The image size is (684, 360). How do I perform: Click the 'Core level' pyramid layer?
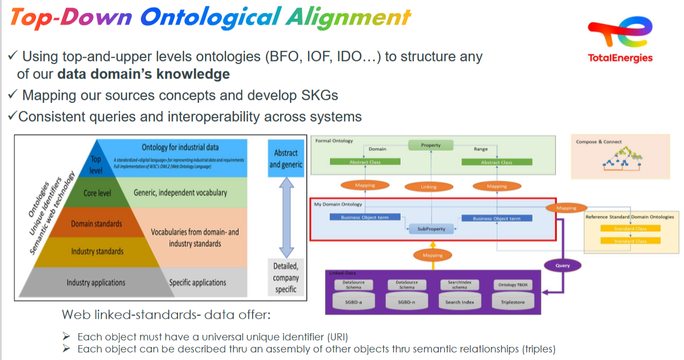click(x=98, y=193)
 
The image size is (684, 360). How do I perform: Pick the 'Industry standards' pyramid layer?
click(x=97, y=252)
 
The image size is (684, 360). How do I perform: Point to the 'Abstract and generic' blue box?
click(x=286, y=158)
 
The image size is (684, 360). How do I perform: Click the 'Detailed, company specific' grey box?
click(x=286, y=277)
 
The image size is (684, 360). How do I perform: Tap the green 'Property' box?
click(x=431, y=145)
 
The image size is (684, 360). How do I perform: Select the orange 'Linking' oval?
click(x=429, y=187)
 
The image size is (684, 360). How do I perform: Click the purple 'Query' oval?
click(x=562, y=266)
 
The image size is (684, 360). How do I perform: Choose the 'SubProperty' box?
click(x=431, y=228)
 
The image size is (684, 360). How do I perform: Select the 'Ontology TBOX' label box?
click(x=512, y=285)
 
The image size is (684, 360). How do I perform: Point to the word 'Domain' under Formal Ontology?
click(x=377, y=148)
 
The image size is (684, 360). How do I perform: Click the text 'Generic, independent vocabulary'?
click(x=180, y=192)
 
